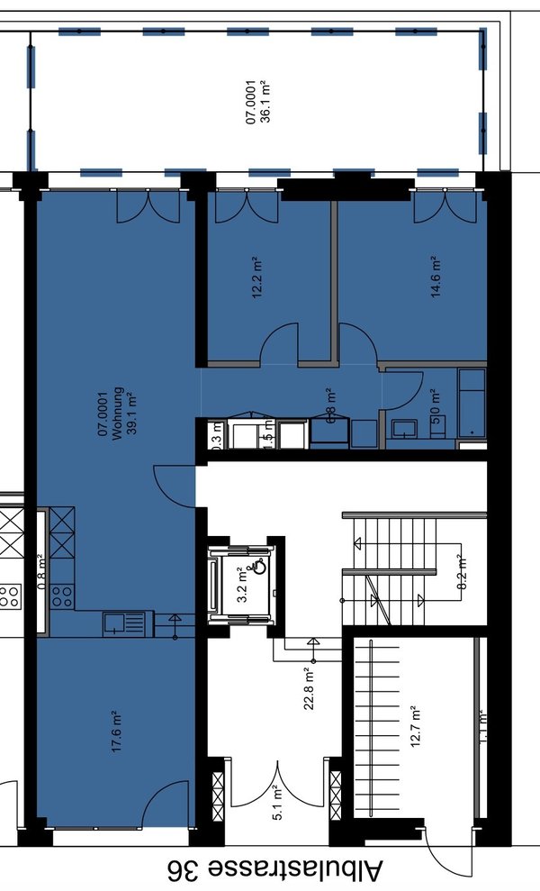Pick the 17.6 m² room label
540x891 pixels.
116,732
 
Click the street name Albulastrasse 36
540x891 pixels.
274,870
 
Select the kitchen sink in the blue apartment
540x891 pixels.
122,622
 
